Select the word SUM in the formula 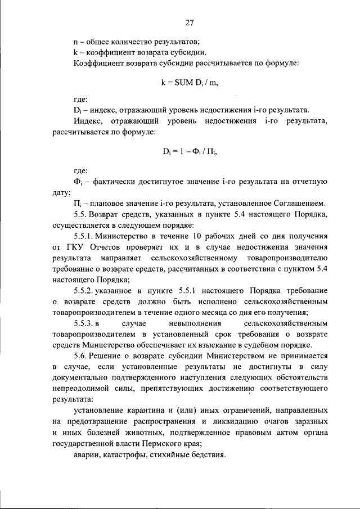coord(183,83)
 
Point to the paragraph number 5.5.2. coord(87,290)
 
